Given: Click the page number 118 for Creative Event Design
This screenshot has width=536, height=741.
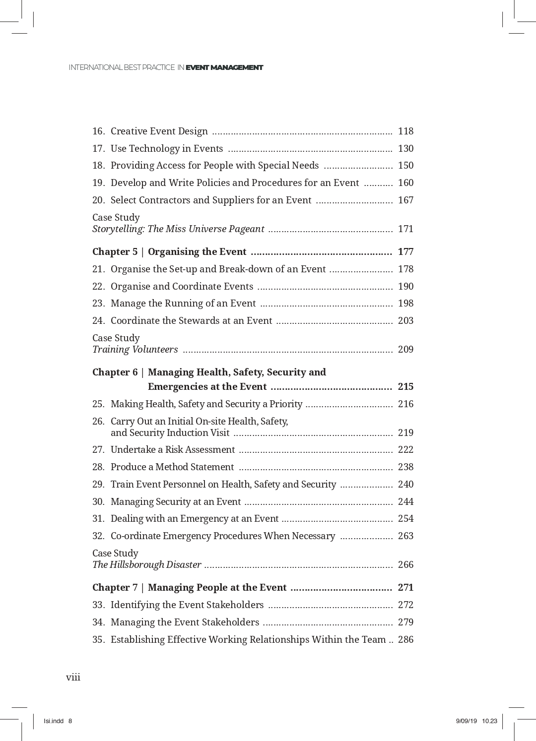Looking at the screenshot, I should (405, 131).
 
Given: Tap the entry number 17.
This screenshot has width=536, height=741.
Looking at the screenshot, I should (98, 149).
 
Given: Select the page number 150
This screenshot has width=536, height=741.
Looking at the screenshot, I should (405, 166).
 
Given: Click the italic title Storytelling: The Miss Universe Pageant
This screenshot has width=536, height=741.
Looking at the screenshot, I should (178, 229).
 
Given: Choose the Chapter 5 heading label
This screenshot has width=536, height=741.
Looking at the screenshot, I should (115, 252).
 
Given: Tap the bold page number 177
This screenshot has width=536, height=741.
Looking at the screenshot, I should (405, 252).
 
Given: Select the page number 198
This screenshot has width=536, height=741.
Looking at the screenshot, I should (405, 304).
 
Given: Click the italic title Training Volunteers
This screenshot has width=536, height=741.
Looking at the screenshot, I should (135, 350).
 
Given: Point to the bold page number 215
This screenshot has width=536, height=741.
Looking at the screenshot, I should (405, 387).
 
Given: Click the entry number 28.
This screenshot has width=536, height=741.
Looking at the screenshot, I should (98, 467).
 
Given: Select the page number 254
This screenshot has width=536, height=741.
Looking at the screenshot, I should (405, 519).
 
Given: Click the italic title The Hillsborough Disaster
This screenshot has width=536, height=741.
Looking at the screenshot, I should (147, 565).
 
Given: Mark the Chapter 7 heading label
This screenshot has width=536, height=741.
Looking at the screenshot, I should (115, 588).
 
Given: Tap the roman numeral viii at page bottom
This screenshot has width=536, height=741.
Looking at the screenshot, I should (73, 678).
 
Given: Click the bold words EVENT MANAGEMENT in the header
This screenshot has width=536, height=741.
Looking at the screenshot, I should (224, 67).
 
